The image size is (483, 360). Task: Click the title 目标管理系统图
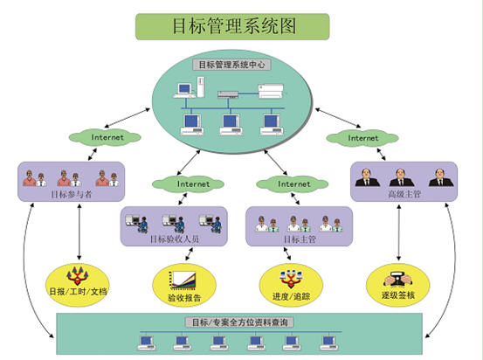coord(231,25)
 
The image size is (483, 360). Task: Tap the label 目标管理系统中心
coord(234,64)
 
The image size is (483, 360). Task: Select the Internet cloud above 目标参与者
coord(107,137)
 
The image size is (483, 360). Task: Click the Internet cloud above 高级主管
coord(362,137)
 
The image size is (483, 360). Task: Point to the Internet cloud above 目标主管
coord(293,184)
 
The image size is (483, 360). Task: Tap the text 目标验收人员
coord(176,238)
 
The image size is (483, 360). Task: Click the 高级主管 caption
coord(403,193)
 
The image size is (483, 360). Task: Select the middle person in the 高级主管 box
coord(402,177)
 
